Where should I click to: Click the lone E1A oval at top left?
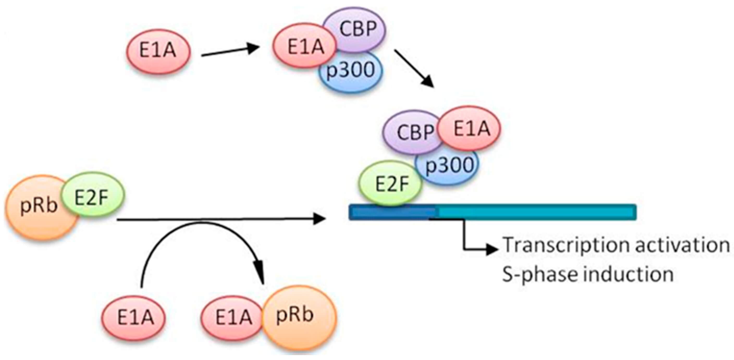[158, 51]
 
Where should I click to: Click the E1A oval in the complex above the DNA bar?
[470, 128]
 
